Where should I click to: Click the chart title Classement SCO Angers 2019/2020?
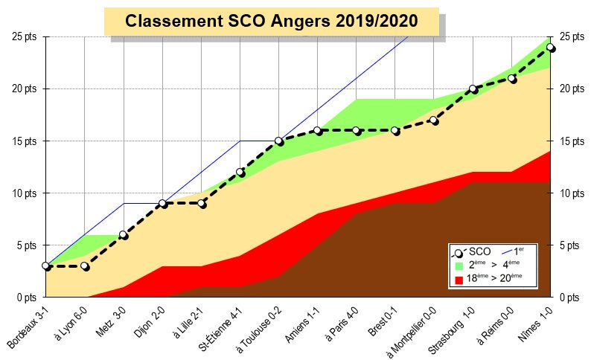click(x=271, y=22)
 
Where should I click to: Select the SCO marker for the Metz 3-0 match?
click(x=124, y=235)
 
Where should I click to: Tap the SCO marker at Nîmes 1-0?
click(x=551, y=47)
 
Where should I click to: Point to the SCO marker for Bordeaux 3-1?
click(x=46, y=266)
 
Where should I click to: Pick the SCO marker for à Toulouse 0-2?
click(x=279, y=141)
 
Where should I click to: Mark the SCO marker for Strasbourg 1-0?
click(x=473, y=89)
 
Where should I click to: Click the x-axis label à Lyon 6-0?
click(x=71, y=327)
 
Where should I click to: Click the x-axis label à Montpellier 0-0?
click(x=410, y=332)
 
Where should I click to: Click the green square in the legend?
click(x=459, y=266)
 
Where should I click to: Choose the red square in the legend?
click(x=459, y=280)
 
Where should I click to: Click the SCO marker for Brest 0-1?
click(x=395, y=130)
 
